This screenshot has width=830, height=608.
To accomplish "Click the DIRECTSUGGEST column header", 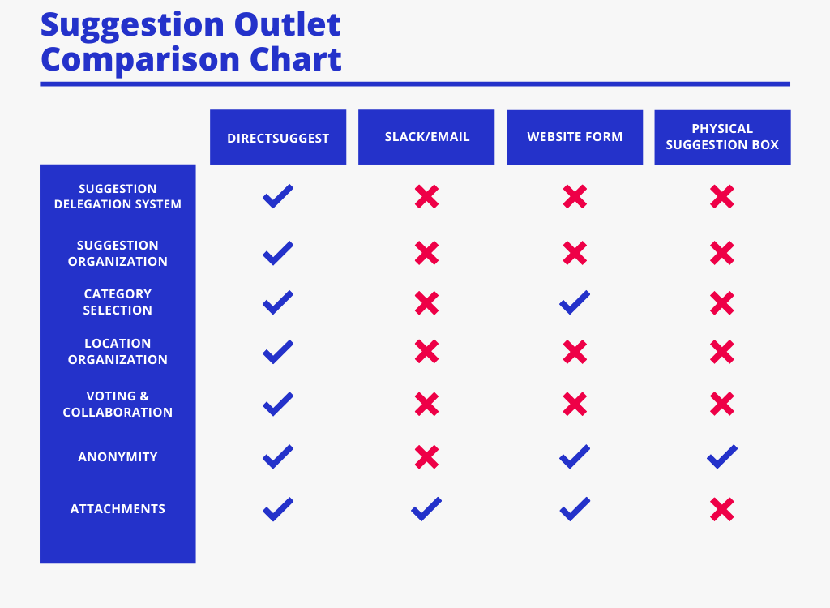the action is tap(278, 138).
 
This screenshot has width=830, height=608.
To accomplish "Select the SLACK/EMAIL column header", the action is tap(426, 137).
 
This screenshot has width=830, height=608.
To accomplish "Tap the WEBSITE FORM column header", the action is tap(575, 137).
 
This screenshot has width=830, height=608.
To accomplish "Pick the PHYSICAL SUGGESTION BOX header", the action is tap(722, 137).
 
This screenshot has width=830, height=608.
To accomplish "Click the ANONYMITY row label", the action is tap(118, 457).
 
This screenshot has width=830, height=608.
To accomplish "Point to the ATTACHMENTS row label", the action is tap(118, 509).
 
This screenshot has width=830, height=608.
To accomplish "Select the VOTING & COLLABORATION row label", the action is tap(118, 404).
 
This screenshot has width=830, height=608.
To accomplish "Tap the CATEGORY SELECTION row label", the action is tap(118, 302).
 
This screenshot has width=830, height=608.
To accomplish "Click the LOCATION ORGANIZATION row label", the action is tap(118, 351).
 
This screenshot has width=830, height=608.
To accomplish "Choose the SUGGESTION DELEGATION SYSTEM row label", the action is tap(118, 196).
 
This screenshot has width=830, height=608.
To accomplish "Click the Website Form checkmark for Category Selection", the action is tap(575, 302).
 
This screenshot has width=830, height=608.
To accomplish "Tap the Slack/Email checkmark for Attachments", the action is tap(426, 509).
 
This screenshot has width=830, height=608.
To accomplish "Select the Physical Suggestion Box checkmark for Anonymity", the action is tap(722, 456).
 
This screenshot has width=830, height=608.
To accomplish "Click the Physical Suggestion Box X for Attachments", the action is tap(722, 509).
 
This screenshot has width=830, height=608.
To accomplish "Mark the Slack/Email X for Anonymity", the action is tap(426, 457).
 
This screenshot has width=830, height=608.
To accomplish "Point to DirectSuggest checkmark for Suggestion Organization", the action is tap(278, 253).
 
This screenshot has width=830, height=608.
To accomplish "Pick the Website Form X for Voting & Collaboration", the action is tap(575, 404).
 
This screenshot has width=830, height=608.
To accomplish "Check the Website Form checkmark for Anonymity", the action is tap(575, 456).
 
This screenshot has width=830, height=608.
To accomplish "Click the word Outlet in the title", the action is tap(288, 24).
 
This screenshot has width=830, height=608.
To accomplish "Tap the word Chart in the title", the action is tap(295, 59).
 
